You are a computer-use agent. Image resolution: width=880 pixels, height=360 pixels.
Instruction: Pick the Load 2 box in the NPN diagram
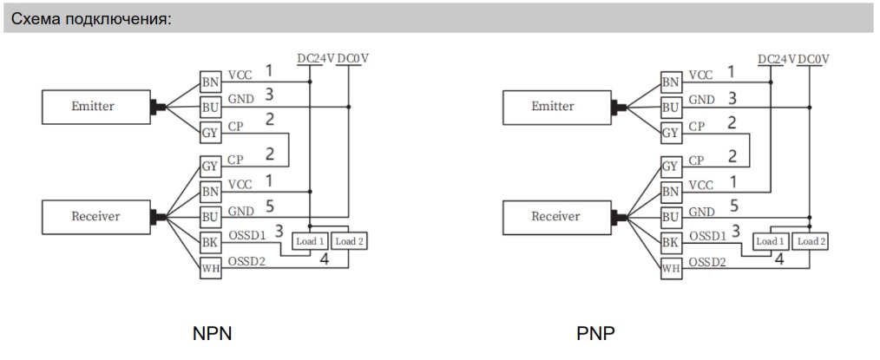(350, 241)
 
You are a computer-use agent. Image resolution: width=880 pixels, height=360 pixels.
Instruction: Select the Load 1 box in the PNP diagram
(771, 241)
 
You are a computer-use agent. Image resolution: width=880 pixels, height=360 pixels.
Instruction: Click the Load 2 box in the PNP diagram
(811, 241)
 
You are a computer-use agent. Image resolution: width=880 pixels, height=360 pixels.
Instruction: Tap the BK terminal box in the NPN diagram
(210, 243)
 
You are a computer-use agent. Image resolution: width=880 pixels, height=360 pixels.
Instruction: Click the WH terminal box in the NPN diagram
(210, 269)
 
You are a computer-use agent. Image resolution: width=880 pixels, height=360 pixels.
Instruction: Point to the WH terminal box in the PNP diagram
(671, 269)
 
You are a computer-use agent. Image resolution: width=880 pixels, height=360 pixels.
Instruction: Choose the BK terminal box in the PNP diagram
(671, 243)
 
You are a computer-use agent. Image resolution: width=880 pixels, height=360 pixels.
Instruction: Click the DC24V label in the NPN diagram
(314, 59)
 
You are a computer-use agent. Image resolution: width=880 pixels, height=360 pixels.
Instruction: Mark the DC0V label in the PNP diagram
(813, 59)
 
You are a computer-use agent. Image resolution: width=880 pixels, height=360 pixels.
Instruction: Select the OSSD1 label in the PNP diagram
(709, 236)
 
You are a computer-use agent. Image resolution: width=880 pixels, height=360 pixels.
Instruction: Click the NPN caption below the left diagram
(213, 333)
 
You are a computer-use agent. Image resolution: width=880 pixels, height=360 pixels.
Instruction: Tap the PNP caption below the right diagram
(595, 333)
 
